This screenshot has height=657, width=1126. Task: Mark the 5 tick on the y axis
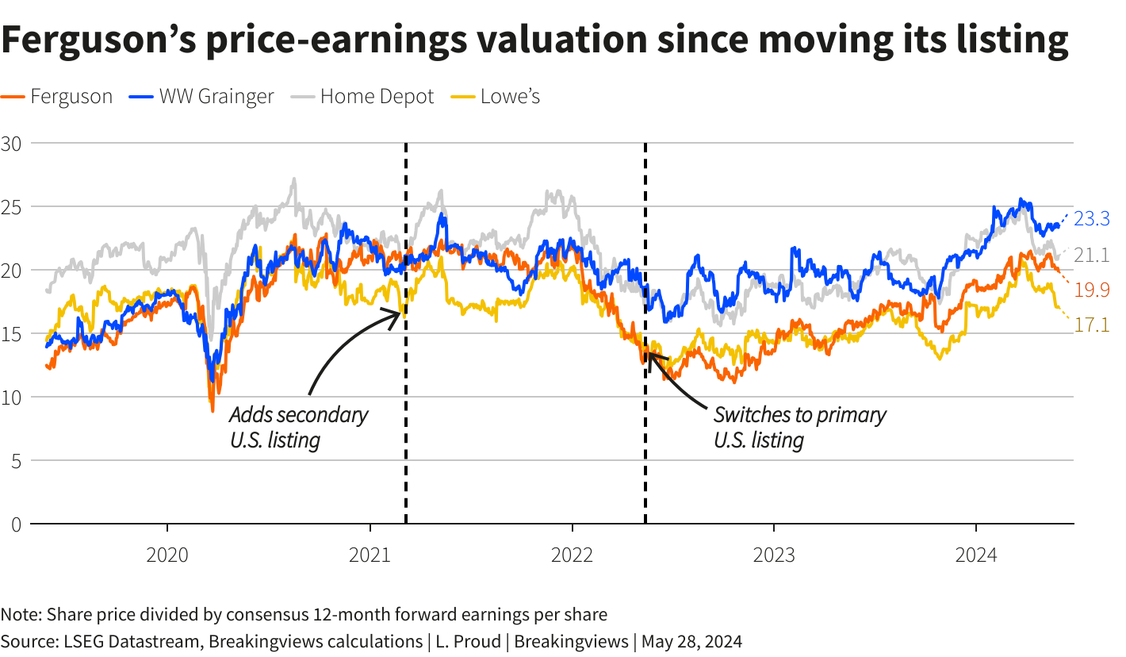16,461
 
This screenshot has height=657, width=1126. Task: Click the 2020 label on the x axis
167,555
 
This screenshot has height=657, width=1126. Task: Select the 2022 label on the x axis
572,555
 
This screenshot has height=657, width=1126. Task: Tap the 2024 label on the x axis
975,555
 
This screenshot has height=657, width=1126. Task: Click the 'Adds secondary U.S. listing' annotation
298,427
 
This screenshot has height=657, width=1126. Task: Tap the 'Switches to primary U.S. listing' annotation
799,427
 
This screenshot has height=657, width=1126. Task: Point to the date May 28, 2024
691,640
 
